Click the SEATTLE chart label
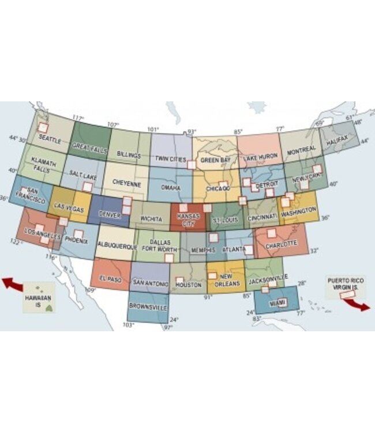(50, 138)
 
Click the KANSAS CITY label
(188, 218)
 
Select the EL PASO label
(111, 278)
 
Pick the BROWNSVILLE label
(148, 308)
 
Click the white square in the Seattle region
(43, 128)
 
